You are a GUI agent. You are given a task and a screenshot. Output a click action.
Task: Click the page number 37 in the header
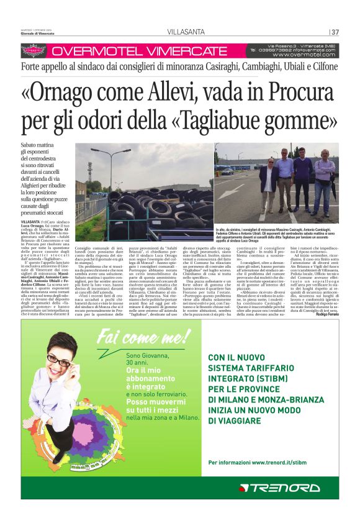(335, 32)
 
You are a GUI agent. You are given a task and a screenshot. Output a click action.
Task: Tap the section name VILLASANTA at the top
(184, 32)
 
